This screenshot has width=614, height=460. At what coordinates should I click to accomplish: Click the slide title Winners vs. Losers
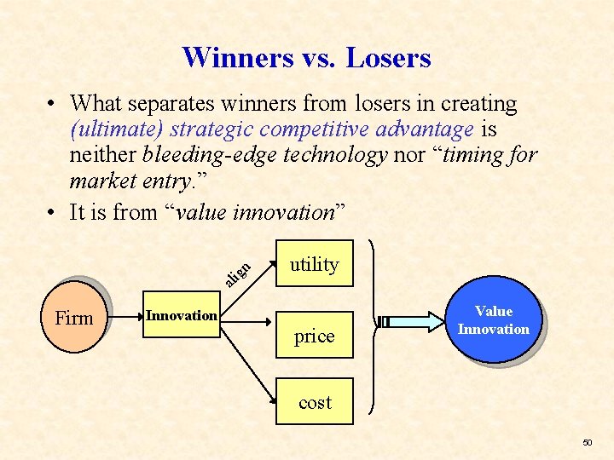tap(306, 58)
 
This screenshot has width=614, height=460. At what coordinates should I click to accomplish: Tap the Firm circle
tap(74, 318)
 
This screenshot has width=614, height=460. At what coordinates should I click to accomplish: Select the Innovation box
tap(182, 316)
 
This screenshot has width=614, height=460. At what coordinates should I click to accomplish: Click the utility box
tap(314, 264)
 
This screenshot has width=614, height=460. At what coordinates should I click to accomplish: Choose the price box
tap(314, 336)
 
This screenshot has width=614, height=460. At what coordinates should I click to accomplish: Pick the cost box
tap(314, 402)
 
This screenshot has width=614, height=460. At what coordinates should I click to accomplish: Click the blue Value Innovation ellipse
tap(493, 320)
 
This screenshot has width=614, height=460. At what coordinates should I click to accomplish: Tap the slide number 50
tap(587, 443)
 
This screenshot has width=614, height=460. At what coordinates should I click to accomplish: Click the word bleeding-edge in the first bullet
tap(217, 156)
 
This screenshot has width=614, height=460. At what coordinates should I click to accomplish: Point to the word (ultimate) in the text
tap(118, 130)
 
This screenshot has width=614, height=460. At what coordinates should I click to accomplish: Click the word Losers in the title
tap(389, 58)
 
